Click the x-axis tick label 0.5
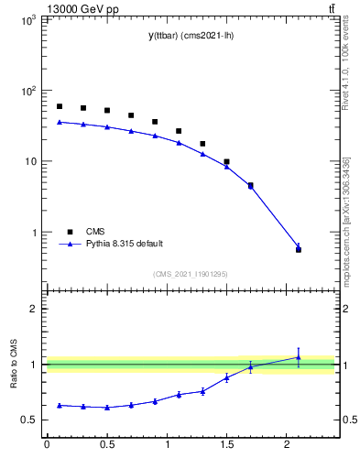107,445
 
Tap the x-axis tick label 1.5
227,445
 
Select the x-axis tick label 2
288,445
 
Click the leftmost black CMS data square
60,106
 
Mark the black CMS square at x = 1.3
202,144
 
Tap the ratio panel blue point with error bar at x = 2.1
299,357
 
